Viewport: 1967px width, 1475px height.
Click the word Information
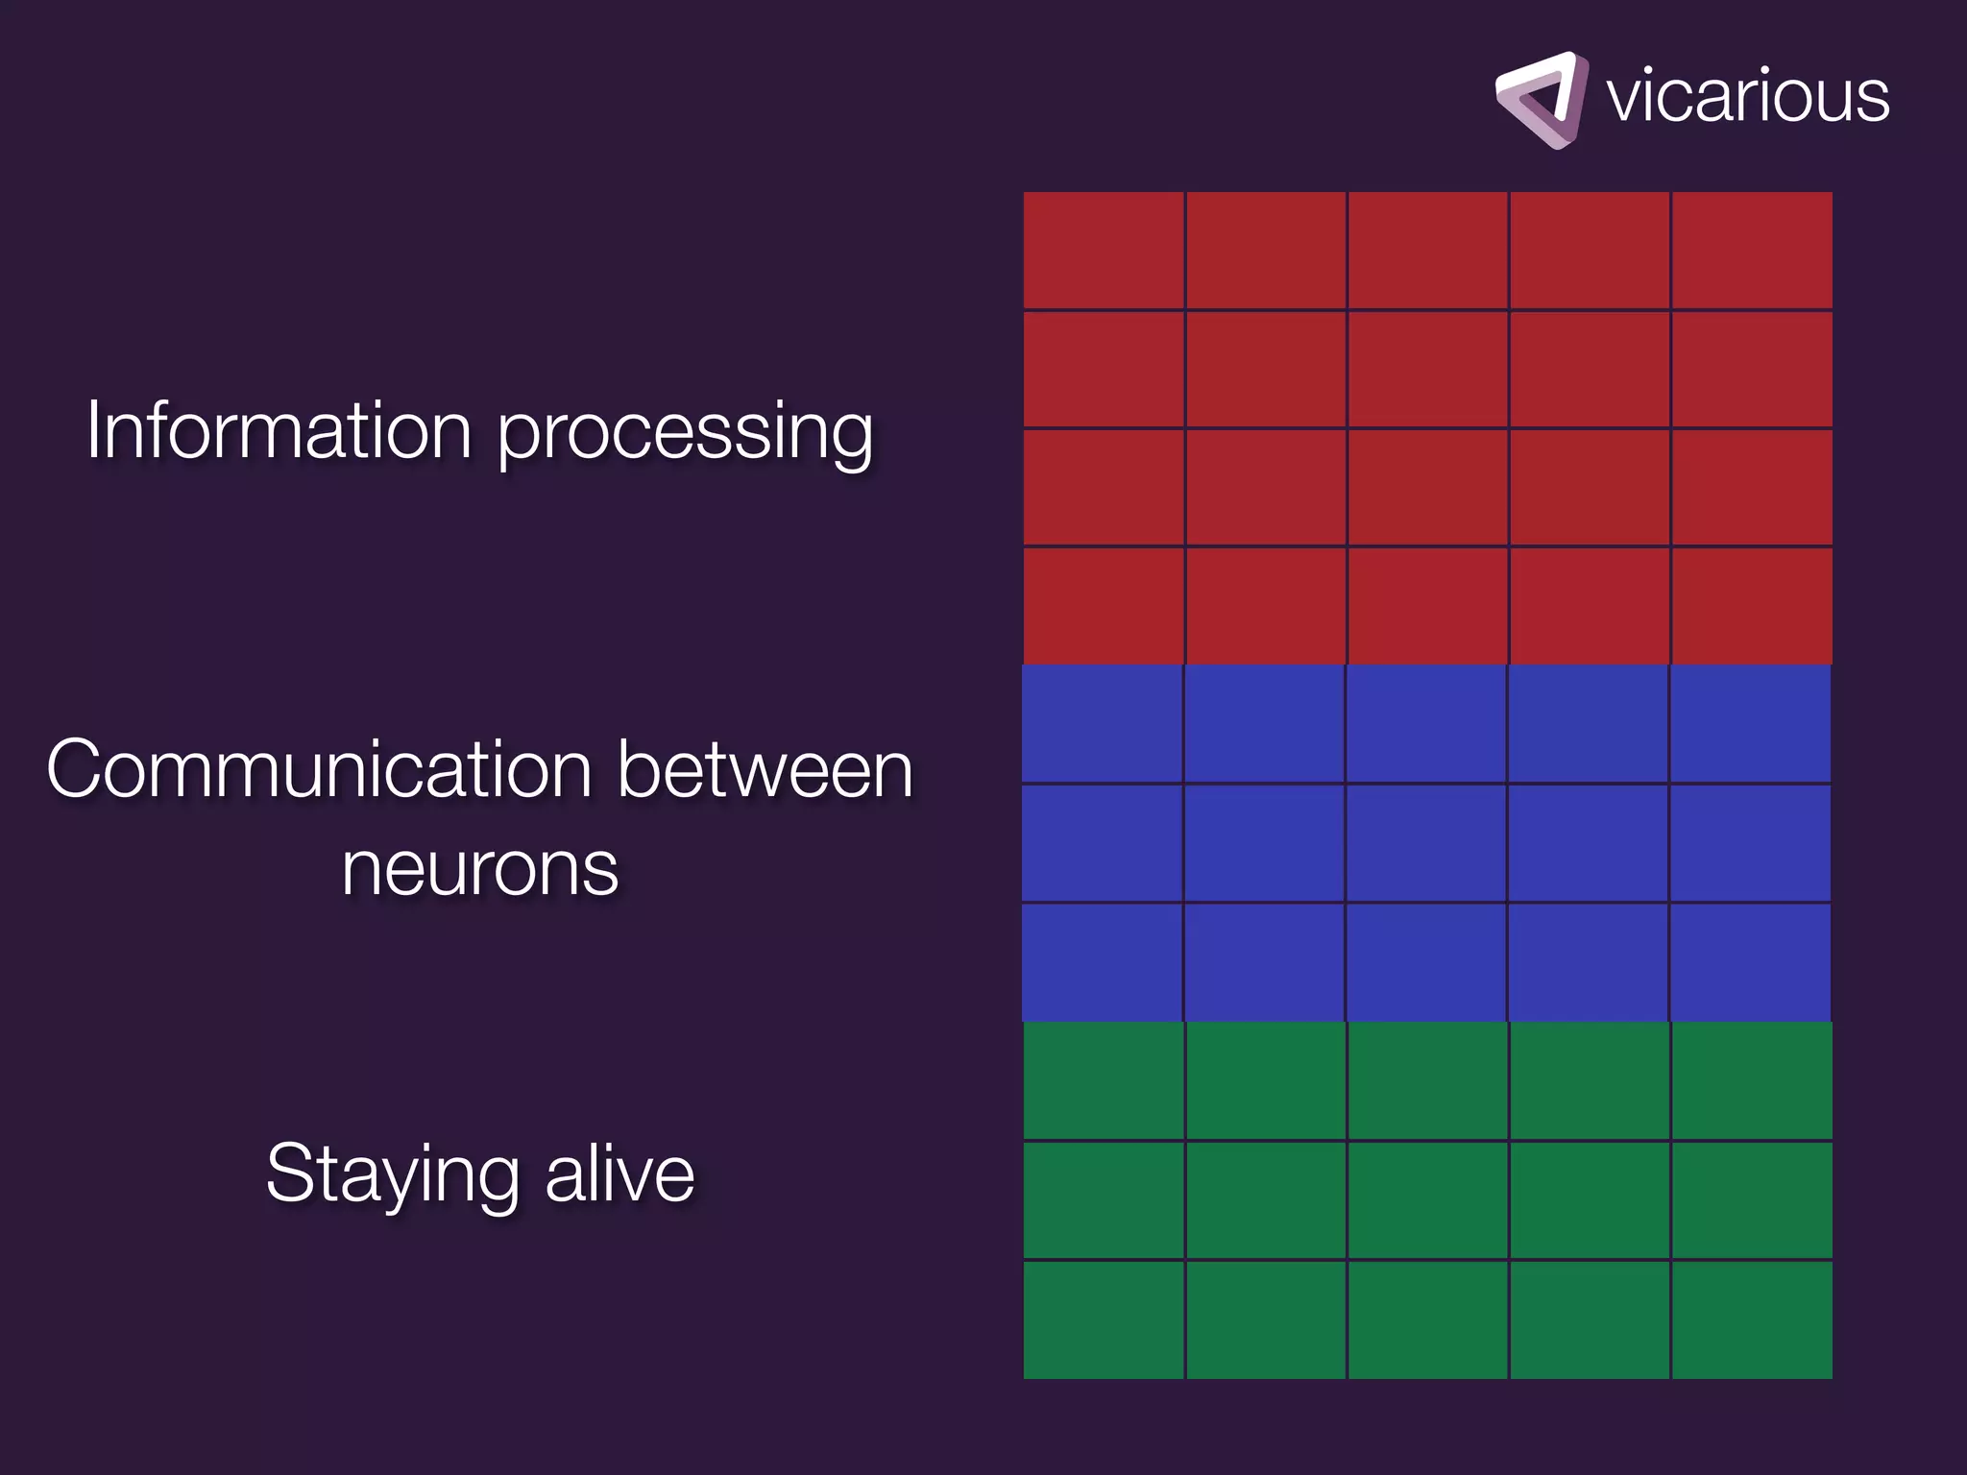(279, 430)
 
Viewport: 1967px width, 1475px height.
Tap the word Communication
(319, 770)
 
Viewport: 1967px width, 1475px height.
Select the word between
(765, 770)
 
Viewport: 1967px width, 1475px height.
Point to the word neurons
(479, 870)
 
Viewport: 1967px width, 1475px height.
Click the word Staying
(394, 1175)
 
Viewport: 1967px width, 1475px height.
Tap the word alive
(619, 1173)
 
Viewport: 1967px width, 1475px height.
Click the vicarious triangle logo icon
(1540, 100)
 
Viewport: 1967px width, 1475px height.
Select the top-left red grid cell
(1104, 250)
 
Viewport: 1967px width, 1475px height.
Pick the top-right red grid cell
(1752, 250)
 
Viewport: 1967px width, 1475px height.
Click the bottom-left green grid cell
(1104, 1319)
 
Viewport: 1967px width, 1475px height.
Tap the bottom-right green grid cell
(1752, 1319)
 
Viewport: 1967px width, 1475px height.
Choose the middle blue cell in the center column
(1426, 843)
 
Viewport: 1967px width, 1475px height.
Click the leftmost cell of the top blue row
(1102, 724)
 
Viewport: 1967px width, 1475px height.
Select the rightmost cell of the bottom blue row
(1750, 962)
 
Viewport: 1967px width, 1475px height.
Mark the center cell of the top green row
(1427, 1081)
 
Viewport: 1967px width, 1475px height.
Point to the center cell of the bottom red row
(1427, 606)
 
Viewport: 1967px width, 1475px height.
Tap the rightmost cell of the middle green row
(1752, 1200)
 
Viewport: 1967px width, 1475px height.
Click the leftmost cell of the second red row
(1104, 369)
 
